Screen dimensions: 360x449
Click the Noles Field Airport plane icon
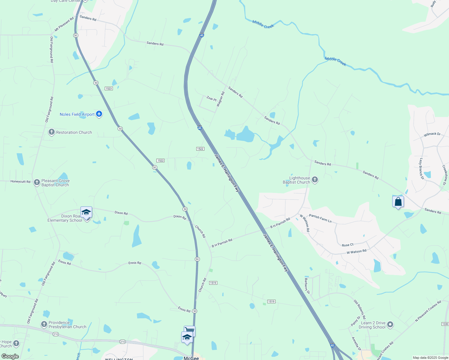(x=99, y=114)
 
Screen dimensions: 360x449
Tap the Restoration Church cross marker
(x=52, y=132)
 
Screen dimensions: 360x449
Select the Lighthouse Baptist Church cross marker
(x=315, y=180)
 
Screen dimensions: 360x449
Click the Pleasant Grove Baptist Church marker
(x=37, y=182)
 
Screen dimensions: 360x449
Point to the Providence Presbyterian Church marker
(x=44, y=324)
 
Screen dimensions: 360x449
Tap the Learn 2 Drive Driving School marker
(x=390, y=325)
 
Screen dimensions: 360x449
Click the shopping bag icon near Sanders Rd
(x=398, y=202)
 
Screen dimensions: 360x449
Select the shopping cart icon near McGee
(x=190, y=331)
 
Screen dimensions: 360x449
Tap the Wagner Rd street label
(x=221, y=99)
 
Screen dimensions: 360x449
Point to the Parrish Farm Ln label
(x=320, y=218)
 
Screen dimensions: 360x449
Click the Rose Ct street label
(x=348, y=245)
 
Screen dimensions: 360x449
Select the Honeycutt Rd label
(x=20, y=181)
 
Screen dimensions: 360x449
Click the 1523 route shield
(x=109, y=88)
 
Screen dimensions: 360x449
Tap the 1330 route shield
(x=445, y=324)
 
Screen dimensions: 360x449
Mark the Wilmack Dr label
(x=432, y=134)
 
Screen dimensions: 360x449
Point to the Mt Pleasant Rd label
(x=64, y=25)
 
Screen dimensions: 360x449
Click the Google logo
(x=10, y=356)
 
